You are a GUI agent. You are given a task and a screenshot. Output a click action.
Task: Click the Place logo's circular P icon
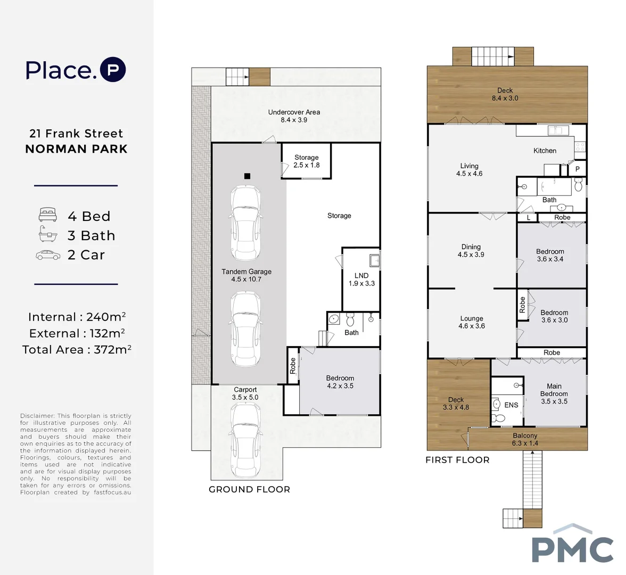pos(113,70)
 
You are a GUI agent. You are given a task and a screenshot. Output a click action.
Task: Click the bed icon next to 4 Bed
pos(48,215)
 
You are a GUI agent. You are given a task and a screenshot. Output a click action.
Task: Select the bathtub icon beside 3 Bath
pos(48,234)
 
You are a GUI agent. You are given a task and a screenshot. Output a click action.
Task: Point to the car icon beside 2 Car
pos(48,255)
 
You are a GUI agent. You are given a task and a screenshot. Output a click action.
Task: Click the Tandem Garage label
pos(246,276)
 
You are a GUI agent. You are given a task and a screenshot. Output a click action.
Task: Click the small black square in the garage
pos(247,176)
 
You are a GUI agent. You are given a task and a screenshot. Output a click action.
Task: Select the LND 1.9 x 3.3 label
pos(362,280)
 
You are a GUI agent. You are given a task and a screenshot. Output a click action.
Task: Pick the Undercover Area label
pos(294,116)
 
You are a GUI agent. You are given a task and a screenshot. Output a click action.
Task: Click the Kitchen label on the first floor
pos(545,151)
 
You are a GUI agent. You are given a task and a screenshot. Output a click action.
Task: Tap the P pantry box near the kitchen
pos(577,169)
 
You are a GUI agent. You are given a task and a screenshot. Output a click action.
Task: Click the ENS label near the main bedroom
pos(511,405)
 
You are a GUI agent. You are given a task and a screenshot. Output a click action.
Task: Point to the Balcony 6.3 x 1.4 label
pos(525,439)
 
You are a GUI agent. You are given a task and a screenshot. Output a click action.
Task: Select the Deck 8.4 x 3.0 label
pos(505,94)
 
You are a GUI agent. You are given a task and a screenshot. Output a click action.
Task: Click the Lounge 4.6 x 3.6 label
pos(472,322)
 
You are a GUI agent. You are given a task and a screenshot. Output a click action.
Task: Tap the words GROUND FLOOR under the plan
pos(250,490)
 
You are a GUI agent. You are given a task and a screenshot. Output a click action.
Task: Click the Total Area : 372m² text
pos(77,349)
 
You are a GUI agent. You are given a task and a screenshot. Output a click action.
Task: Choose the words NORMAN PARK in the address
pos(76,149)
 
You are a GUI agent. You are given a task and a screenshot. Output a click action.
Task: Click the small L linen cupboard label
pos(529,218)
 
